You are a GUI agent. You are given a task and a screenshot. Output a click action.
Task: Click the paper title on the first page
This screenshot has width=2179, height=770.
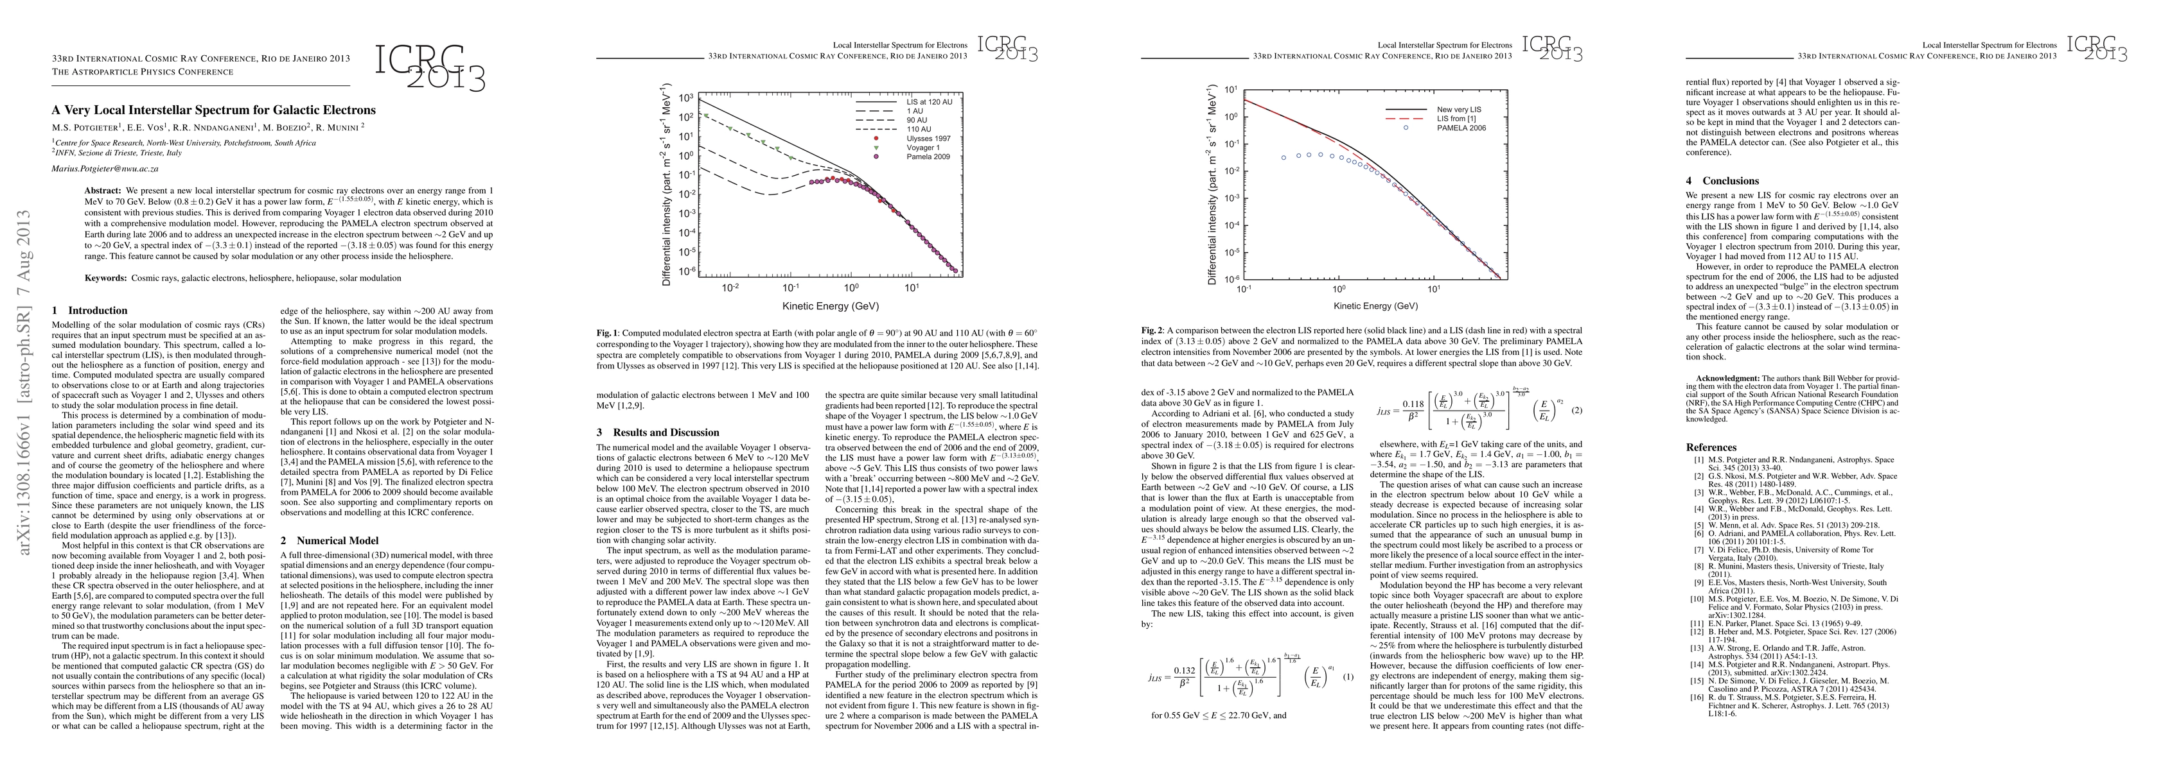tap(213, 110)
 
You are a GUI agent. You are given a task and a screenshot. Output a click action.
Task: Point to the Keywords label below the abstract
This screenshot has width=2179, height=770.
tap(106, 278)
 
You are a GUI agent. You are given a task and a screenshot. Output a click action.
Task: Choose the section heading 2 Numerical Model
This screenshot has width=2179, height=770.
tap(329, 540)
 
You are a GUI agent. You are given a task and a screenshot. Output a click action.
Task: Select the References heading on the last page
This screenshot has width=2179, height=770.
tap(1711, 447)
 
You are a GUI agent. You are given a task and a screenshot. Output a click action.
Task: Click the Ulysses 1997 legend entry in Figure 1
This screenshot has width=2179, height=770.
tap(928, 139)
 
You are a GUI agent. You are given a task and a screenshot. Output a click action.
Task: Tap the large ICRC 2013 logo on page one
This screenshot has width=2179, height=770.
tap(430, 67)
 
